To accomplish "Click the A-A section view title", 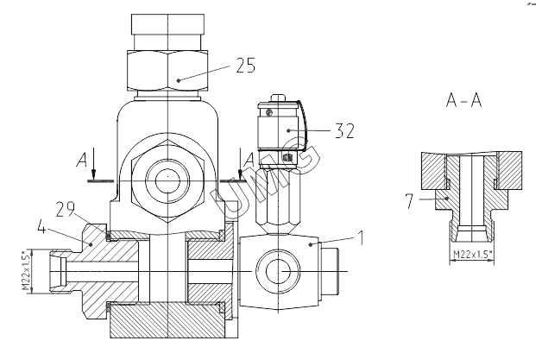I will point(463,101).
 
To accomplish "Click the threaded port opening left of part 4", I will point(58,270).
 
